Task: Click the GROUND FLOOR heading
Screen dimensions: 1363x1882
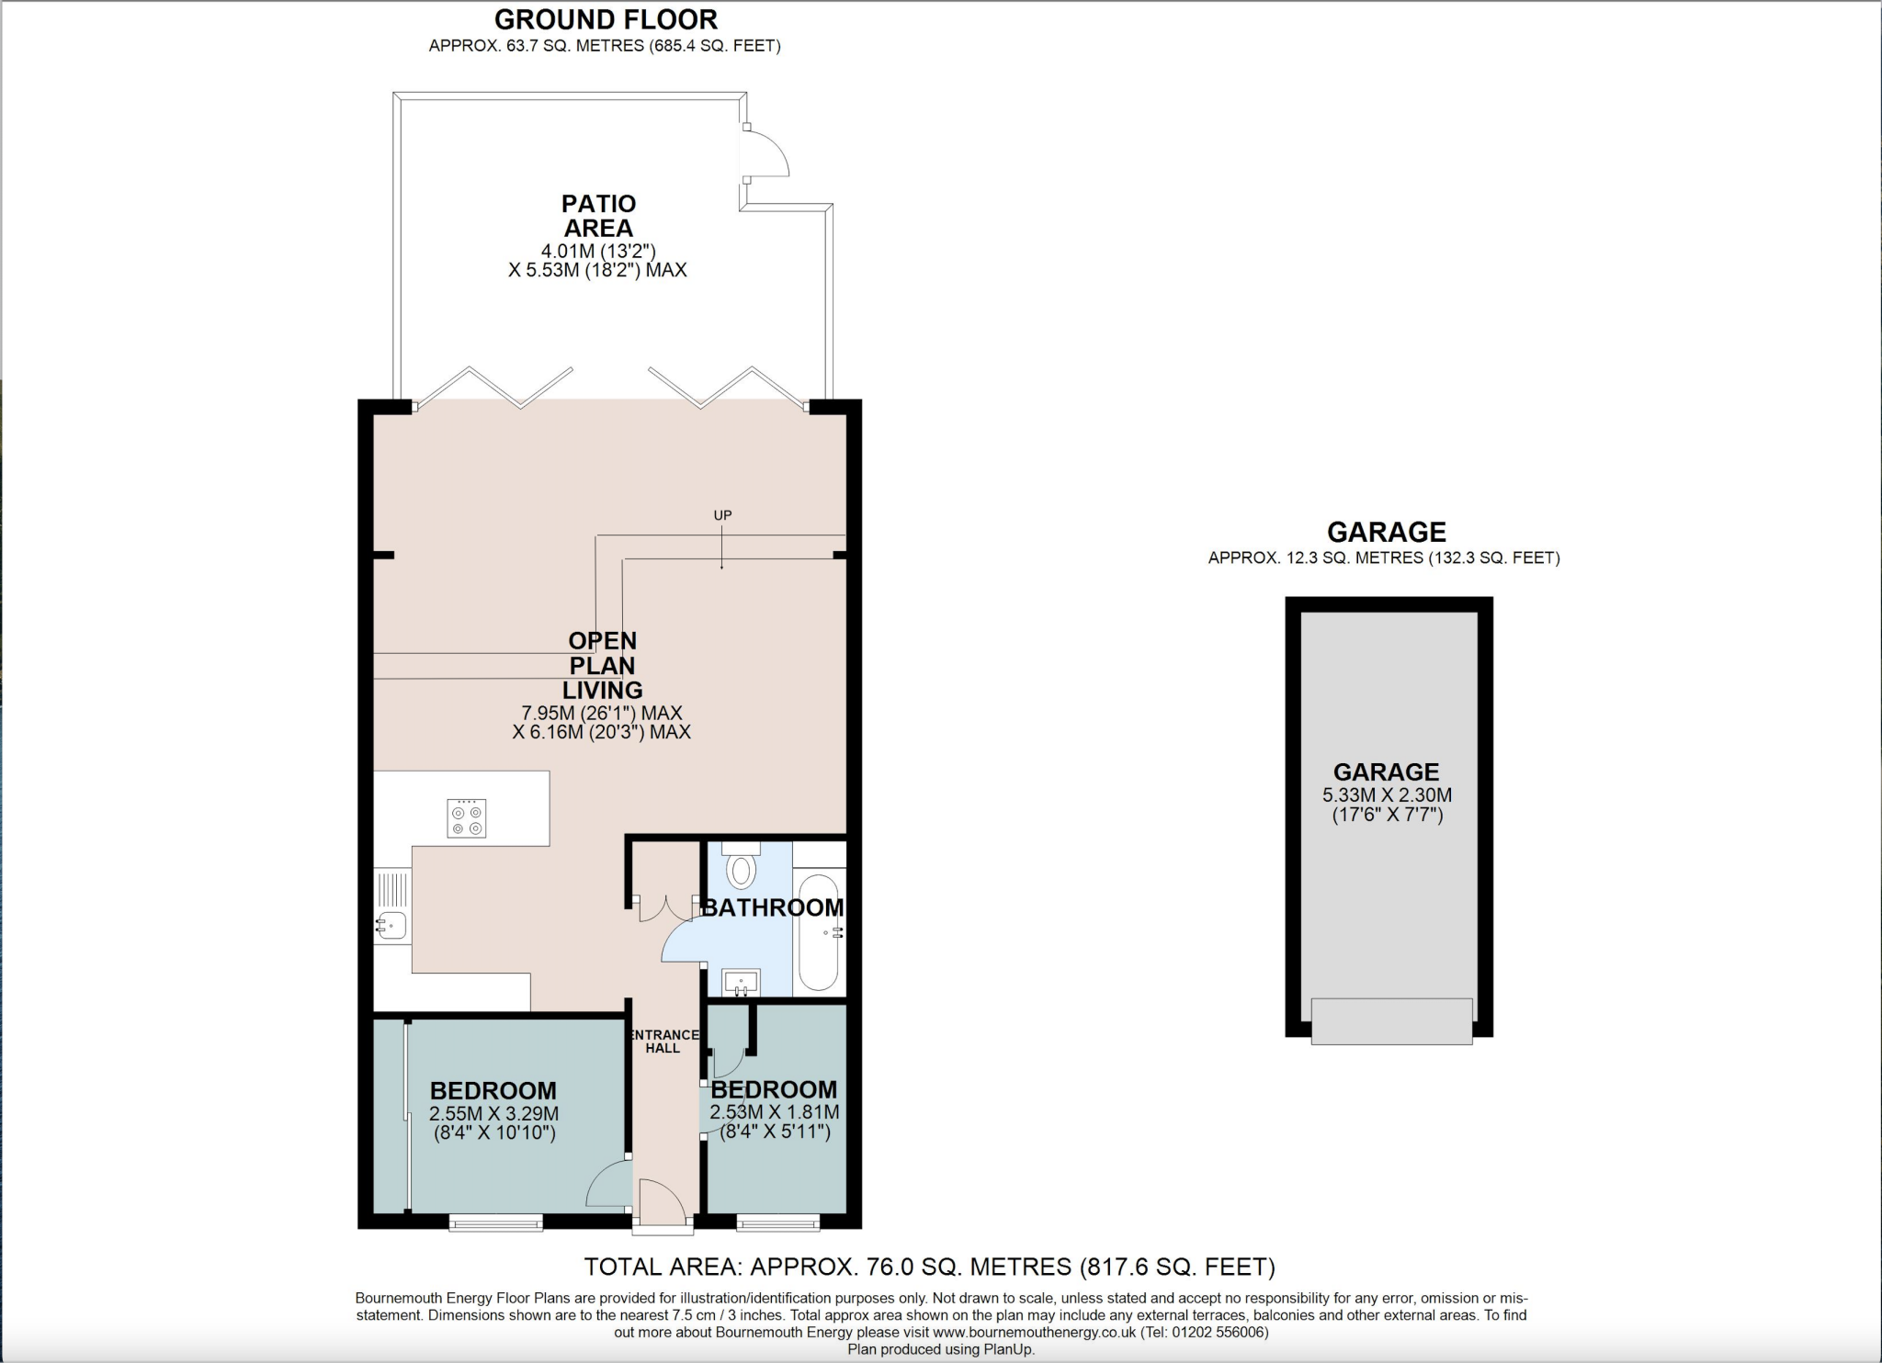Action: point(606,19)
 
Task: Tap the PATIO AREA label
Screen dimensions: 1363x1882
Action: point(598,216)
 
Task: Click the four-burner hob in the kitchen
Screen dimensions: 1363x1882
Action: point(467,817)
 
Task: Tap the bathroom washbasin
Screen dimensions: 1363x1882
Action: point(741,983)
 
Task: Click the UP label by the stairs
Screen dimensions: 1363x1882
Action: point(722,515)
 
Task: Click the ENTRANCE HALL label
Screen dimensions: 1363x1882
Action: point(663,1042)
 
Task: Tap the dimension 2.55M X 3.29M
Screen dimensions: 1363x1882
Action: point(493,1113)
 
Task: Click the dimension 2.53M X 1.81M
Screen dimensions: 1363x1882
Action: point(774,1112)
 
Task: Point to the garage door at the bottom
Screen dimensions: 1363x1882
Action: point(1391,1020)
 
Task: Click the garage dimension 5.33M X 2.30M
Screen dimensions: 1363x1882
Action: point(1387,795)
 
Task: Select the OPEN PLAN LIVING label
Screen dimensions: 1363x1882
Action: point(602,665)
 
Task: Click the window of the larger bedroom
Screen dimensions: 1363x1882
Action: point(495,1222)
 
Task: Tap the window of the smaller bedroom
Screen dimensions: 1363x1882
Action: point(777,1222)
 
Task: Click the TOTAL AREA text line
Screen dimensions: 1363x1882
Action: point(929,1267)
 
